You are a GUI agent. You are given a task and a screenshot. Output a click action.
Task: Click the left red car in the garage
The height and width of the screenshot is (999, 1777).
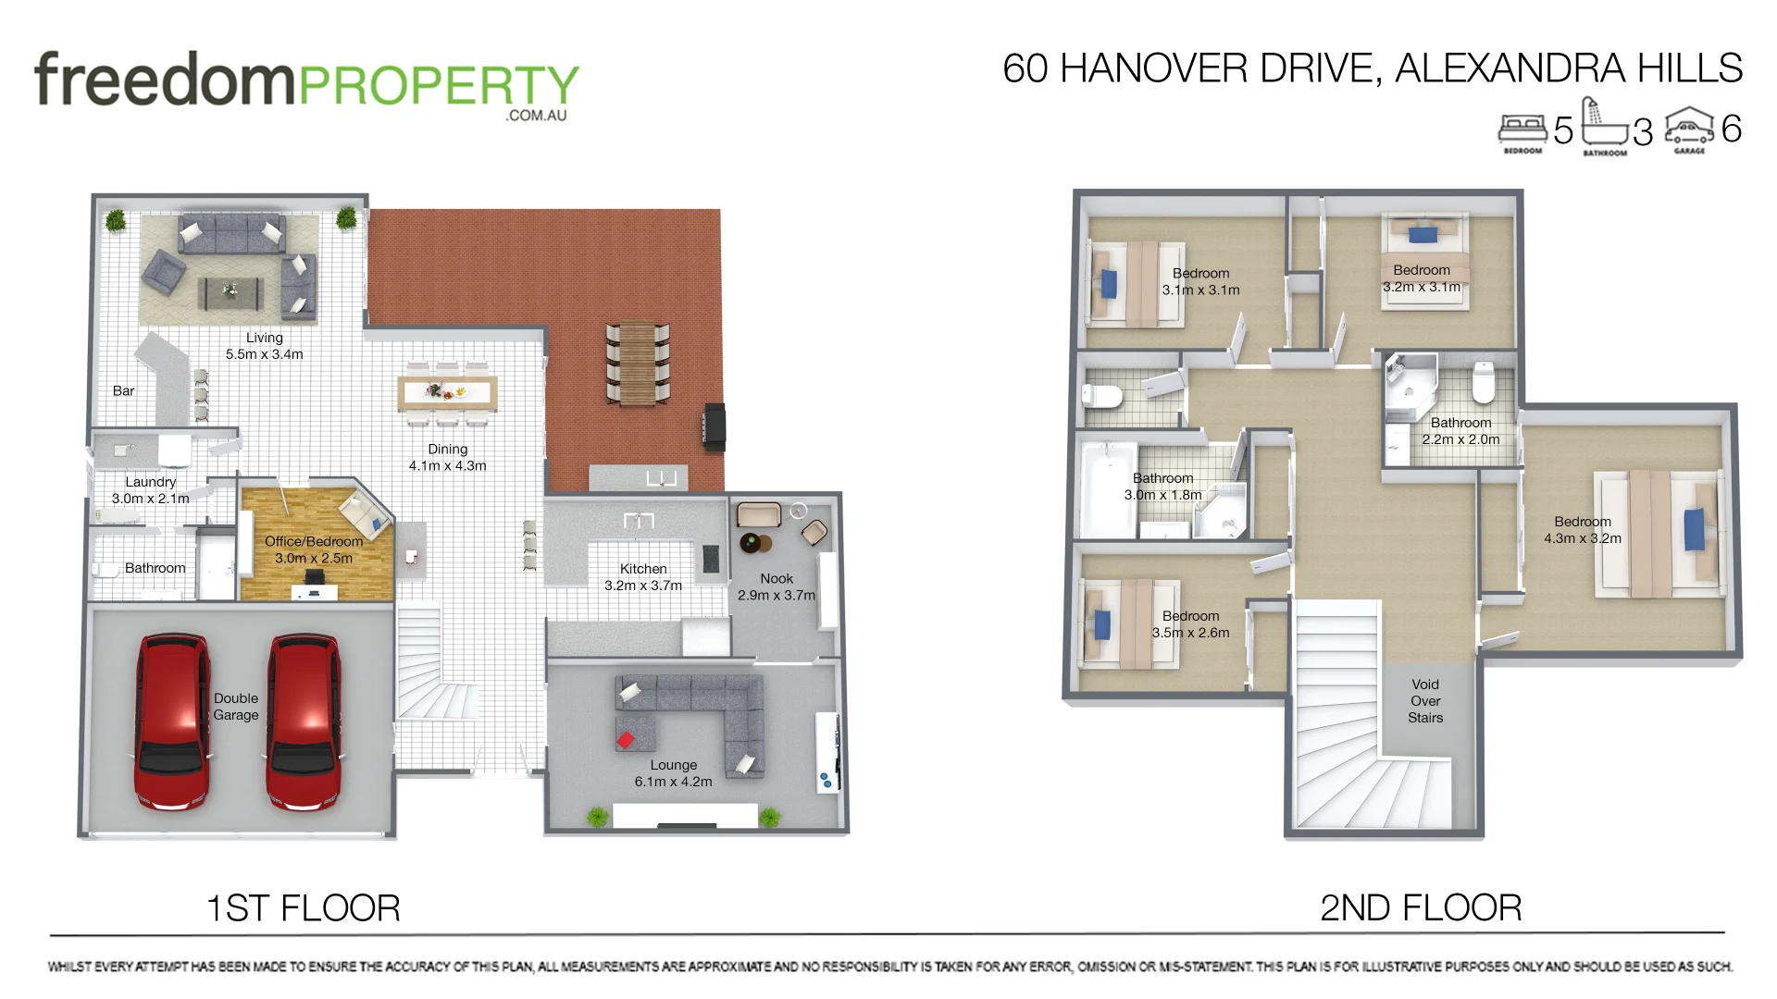click(x=173, y=721)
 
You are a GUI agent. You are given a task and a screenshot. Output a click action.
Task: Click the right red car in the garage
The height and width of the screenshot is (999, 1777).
click(x=304, y=721)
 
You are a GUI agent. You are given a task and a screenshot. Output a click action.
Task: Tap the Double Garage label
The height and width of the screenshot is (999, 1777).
click(x=236, y=707)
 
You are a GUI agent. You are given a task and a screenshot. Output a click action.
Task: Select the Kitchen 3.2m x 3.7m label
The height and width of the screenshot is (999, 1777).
click(x=643, y=577)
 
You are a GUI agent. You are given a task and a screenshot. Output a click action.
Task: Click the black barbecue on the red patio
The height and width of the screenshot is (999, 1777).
click(x=714, y=426)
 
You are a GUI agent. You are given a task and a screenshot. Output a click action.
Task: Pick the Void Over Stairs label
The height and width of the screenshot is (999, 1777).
click(x=1425, y=701)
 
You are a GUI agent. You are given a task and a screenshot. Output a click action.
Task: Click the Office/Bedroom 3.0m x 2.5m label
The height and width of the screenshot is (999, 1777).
click(x=314, y=549)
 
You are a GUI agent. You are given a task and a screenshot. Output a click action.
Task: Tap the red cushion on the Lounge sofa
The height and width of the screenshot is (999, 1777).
click(x=626, y=740)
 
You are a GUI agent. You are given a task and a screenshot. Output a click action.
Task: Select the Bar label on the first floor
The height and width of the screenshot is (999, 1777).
click(x=123, y=391)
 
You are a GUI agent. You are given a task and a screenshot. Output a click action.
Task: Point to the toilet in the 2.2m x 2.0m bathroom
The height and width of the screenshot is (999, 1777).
click(x=1484, y=382)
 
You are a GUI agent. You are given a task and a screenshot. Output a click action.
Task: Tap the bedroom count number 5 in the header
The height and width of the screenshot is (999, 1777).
click(x=1563, y=130)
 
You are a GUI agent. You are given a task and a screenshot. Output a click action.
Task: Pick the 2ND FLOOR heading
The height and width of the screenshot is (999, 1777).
click(x=1420, y=908)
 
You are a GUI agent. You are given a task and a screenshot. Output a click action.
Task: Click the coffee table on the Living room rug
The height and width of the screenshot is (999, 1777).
click(x=230, y=291)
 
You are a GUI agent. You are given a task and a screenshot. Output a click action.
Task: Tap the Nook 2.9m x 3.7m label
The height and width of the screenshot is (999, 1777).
click(x=777, y=586)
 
